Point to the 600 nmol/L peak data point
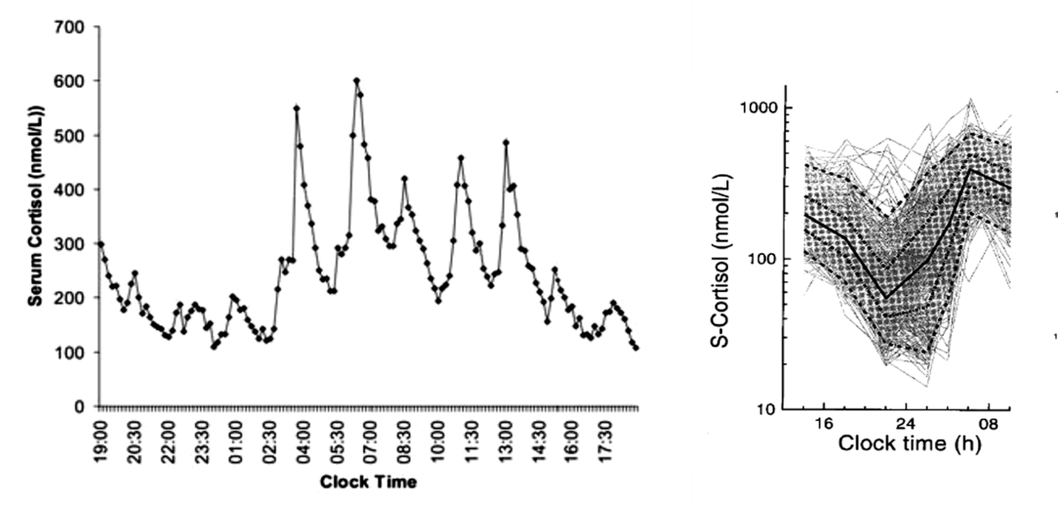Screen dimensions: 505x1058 click(357, 81)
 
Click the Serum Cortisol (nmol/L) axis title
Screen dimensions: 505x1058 click(37, 216)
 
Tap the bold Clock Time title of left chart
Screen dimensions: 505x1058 click(369, 482)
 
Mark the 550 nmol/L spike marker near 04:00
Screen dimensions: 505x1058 click(296, 108)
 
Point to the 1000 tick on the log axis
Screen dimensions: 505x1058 click(757, 108)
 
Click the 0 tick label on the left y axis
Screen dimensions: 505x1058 click(81, 407)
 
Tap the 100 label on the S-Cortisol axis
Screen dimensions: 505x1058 click(762, 258)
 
